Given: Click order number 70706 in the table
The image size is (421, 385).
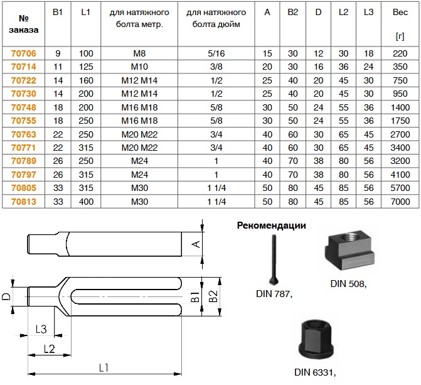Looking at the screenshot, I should point(23,53).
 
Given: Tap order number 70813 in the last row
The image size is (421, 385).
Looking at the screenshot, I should point(23,202).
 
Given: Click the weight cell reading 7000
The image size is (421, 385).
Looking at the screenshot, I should point(400,202).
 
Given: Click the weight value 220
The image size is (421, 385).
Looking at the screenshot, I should point(400,53).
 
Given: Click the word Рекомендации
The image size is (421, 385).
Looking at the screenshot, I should point(271,225).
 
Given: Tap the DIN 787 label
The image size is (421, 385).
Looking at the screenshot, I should point(274,293).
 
